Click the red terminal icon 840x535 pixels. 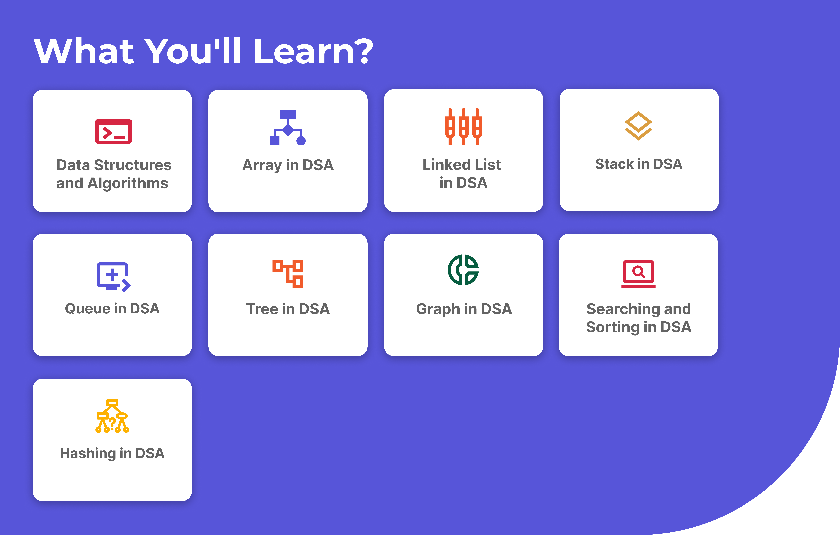coord(113,131)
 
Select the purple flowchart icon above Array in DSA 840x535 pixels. coord(288,128)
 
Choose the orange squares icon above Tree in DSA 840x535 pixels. coord(288,274)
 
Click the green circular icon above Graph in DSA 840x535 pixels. coord(463,270)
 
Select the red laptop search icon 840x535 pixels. coord(638,274)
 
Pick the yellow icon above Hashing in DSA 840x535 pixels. coord(112,416)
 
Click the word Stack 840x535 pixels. coord(614,164)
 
